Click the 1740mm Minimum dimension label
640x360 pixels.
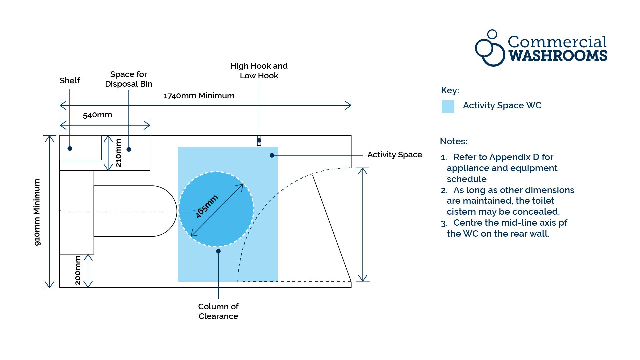click(x=199, y=96)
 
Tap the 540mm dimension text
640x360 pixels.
click(x=97, y=115)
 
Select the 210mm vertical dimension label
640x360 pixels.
click(x=118, y=153)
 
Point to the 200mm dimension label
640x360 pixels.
click(x=78, y=270)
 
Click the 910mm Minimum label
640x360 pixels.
click(x=37, y=212)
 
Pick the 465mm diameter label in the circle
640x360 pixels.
click(x=207, y=207)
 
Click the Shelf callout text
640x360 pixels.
click(x=70, y=81)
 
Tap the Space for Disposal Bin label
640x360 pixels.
click(x=129, y=79)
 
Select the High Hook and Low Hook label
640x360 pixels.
click(x=259, y=71)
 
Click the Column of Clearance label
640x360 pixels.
click(x=218, y=311)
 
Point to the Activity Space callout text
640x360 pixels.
click(x=395, y=155)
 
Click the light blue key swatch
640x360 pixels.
click(x=448, y=106)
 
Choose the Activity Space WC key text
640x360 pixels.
click(x=502, y=106)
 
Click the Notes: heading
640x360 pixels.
click(x=454, y=141)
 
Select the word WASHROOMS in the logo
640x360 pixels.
click(x=558, y=56)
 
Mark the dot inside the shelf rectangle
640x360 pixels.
click(x=70, y=148)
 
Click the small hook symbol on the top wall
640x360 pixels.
click(x=259, y=141)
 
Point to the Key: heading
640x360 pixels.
click(x=450, y=90)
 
